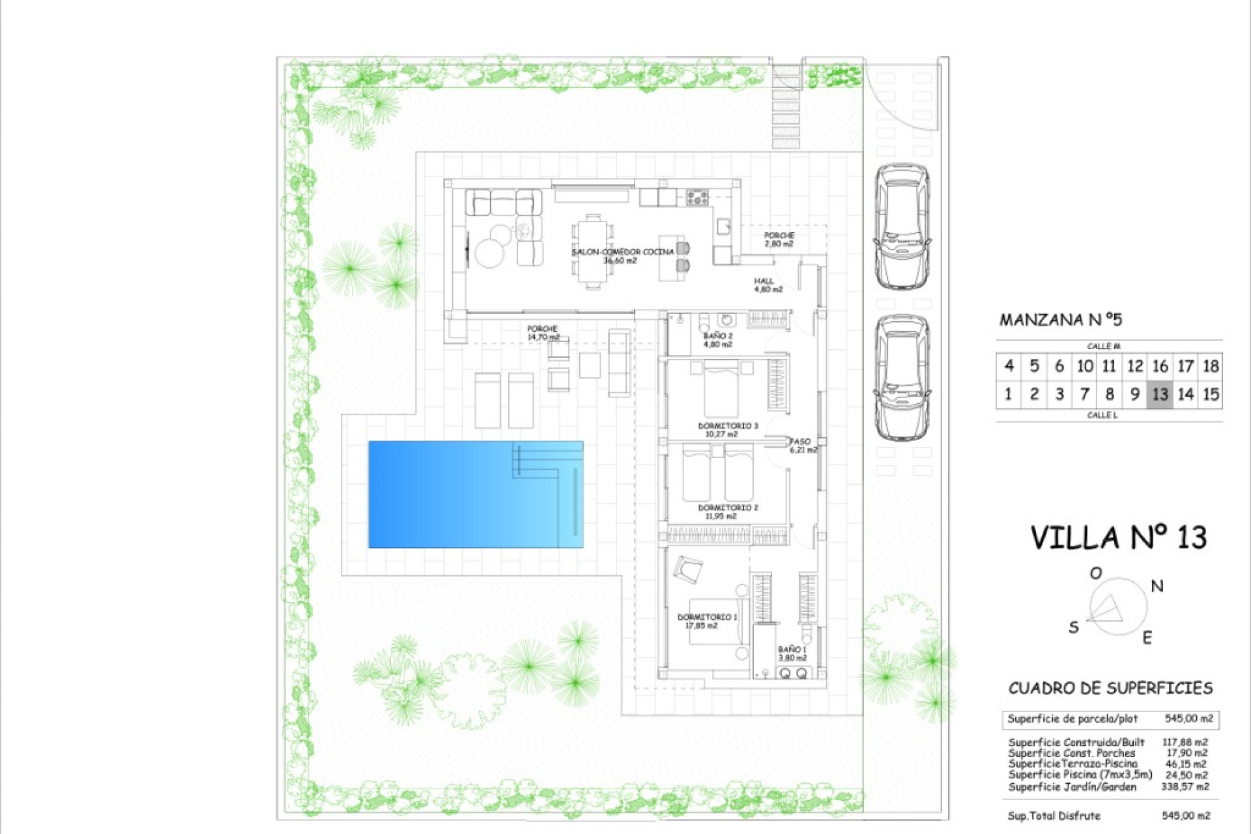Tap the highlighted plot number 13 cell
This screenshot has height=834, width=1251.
point(1160,394)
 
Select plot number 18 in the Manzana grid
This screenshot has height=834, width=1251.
point(1211,366)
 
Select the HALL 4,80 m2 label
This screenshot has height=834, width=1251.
point(768,285)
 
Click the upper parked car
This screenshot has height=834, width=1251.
point(902,225)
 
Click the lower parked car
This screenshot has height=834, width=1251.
point(902,378)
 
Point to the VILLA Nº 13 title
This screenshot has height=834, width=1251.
point(1118,538)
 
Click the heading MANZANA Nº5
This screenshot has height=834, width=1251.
point(1060,320)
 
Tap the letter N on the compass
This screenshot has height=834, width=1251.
point(1157,586)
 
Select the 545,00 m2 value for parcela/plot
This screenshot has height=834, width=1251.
point(1188,719)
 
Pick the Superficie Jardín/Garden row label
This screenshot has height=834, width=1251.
point(1072,787)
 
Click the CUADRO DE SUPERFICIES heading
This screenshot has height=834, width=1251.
point(1110,688)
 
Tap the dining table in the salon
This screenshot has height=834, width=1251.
point(593,252)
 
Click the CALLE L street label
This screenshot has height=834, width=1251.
point(1102,415)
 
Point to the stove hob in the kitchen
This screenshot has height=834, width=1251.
point(697,196)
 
